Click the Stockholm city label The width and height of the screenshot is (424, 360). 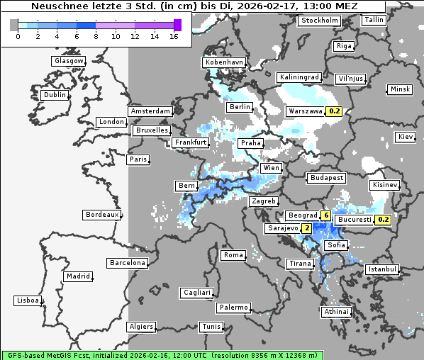point(319,21)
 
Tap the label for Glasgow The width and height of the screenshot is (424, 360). point(69,61)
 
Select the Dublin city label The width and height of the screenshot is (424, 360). point(55,95)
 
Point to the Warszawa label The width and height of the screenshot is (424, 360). point(306,111)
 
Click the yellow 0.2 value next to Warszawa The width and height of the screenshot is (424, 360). point(335,111)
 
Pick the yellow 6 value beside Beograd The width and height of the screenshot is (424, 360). point(325,215)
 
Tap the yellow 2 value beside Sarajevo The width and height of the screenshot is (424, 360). point(306,228)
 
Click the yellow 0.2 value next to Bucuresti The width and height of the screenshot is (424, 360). point(383,220)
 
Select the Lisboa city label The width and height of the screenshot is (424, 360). point(28,300)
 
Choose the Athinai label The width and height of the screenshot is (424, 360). point(336,312)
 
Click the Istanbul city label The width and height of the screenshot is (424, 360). point(382,270)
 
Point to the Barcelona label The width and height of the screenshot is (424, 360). point(128,263)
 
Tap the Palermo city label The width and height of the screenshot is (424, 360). point(233,308)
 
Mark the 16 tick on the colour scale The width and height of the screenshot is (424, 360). point(174,35)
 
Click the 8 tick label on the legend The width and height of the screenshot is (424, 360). point(96,35)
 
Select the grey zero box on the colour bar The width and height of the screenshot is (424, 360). point(14,25)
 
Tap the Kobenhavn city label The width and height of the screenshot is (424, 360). point(224,62)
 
